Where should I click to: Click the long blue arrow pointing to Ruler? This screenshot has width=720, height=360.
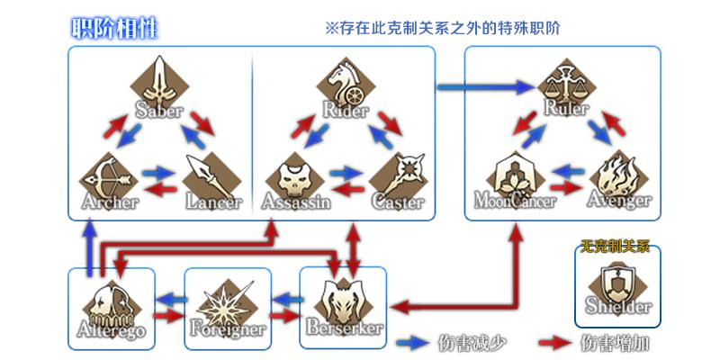486,87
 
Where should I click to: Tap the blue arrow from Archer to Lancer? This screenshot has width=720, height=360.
158,171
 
